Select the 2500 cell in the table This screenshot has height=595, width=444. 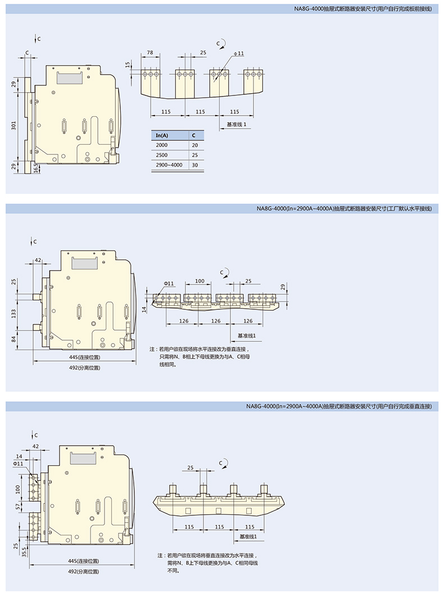(162, 154)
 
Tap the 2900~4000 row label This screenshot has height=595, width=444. (169, 164)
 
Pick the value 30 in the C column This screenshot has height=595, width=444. (194, 164)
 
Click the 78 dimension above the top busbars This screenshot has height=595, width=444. (149, 52)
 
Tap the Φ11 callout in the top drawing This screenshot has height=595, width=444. (239, 53)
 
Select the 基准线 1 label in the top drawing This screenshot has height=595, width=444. (236, 124)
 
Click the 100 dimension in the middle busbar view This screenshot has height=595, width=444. (200, 281)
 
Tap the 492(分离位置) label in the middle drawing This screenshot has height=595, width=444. (84, 368)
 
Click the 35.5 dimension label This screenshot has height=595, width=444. (22, 552)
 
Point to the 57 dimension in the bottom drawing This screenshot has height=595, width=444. (17, 506)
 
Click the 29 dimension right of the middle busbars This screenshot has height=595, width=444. (283, 287)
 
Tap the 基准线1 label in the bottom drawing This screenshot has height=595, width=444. (248, 537)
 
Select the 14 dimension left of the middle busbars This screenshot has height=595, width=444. (144, 308)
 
